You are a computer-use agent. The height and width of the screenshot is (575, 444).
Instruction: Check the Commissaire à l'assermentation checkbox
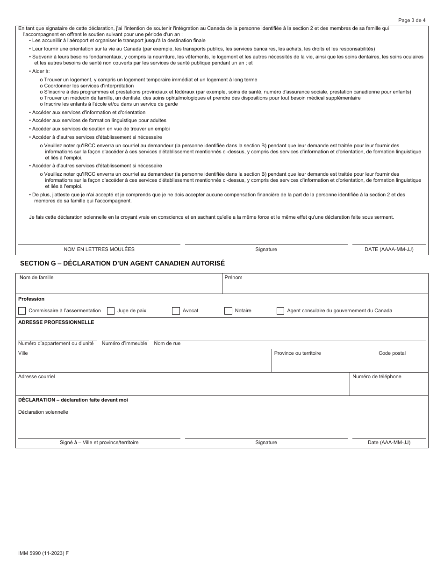(x=22, y=311)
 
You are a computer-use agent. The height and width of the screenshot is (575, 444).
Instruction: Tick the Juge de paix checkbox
(x=111, y=311)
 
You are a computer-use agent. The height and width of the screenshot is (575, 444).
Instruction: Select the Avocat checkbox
(x=176, y=311)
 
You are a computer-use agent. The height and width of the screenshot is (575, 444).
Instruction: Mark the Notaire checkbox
(x=229, y=311)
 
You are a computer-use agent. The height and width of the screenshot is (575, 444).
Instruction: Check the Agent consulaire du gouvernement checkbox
(x=280, y=311)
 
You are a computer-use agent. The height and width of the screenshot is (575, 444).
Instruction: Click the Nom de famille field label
(x=36, y=278)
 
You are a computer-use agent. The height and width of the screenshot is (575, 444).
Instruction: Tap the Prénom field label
(x=233, y=278)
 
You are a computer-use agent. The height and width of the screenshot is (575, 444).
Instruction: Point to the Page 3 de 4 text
(x=412, y=20)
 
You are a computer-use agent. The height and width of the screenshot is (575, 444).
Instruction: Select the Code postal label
(x=392, y=353)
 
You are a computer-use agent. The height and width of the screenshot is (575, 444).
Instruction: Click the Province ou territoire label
(x=297, y=353)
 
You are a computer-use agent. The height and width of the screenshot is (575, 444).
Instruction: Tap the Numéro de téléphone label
(x=377, y=377)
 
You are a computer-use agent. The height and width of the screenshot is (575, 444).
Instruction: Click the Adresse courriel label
(x=36, y=377)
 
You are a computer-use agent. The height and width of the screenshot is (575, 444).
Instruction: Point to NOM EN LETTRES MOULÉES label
(x=99, y=250)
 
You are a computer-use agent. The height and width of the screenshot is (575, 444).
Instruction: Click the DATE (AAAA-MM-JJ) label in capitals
(x=389, y=250)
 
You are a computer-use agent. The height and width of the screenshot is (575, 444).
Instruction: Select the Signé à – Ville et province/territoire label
(x=99, y=443)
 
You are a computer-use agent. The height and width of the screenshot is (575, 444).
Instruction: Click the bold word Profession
(x=31, y=299)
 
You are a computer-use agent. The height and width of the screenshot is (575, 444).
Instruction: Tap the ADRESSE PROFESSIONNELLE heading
(x=56, y=323)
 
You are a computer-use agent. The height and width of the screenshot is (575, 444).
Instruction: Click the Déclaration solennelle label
(x=43, y=412)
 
